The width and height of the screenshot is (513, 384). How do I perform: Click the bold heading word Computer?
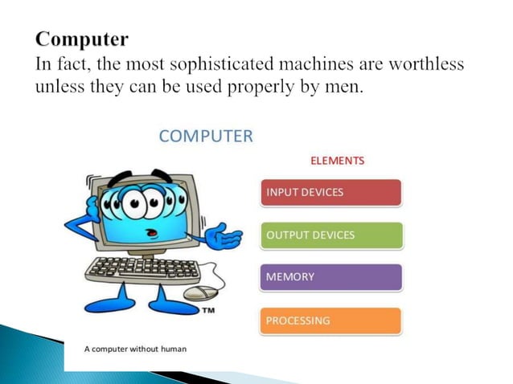tap(82, 38)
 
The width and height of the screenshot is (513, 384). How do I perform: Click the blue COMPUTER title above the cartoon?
tap(206, 136)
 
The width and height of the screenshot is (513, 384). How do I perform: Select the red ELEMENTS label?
tap(337, 160)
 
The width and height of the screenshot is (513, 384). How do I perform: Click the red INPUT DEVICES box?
tap(330, 192)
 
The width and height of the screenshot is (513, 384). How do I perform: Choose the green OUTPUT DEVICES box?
tap(330, 235)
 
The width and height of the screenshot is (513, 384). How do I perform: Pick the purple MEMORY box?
tap(330, 277)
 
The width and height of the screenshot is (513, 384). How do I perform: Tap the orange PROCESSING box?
tap(330, 321)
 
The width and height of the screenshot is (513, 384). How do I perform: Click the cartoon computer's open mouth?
tap(150, 231)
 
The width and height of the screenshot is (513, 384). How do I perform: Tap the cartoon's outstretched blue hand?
tap(224, 238)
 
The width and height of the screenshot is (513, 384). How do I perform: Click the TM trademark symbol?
tap(207, 309)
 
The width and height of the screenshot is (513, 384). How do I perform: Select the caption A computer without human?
tap(135, 349)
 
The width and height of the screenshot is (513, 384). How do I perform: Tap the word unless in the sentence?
tap(58, 86)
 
